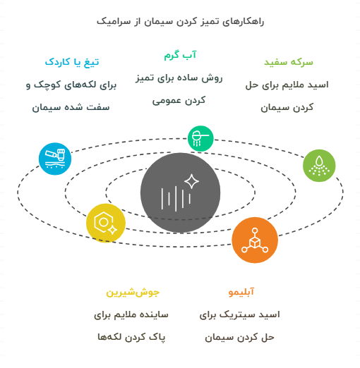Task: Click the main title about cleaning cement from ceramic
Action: point(180,22)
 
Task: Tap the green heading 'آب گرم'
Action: point(180,55)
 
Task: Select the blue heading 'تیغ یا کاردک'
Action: point(72,62)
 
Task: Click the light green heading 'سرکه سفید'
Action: point(289,62)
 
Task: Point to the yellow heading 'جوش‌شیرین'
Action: point(133,292)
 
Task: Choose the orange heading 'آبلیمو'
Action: point(241,292)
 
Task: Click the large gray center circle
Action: point(180,192)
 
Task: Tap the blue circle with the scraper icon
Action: point(55,159)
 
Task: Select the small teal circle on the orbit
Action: point(200,138)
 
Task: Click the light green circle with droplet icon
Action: point(319,166)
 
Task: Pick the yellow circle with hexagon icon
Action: point(106,223)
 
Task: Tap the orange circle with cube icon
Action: point(255,240)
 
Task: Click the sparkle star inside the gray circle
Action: point(191,181)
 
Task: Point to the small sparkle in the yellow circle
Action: point(113,230)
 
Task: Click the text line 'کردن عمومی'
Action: point(179,101)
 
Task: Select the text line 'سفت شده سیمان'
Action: point(71,107)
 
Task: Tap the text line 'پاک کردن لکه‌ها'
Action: point(131,337)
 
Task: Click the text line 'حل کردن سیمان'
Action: point(239,338)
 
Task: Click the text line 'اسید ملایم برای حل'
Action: point(287,85)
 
